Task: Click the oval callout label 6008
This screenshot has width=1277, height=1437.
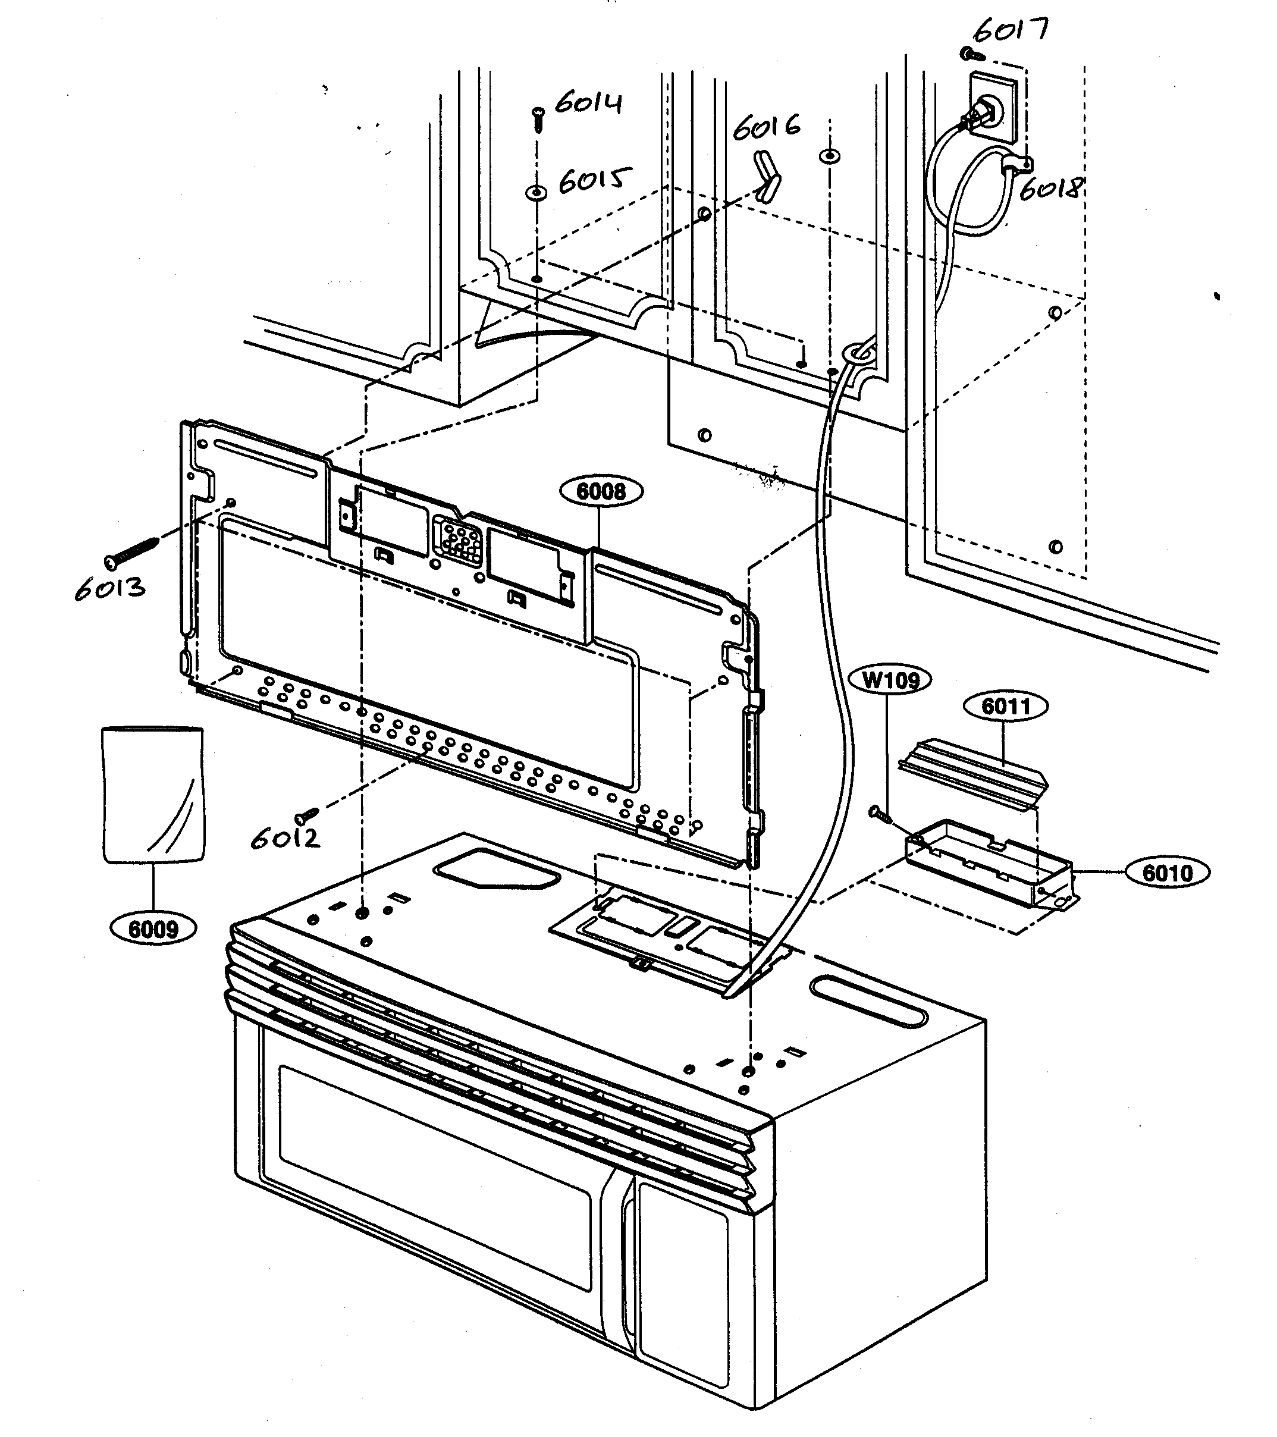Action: tap(601, 491)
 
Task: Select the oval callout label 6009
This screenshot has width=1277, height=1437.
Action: tap(154, 930)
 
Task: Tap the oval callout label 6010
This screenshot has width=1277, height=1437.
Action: tap(1168, 873)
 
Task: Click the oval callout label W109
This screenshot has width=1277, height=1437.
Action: tap(890, 680)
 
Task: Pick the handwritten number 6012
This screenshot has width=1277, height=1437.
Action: tap(285, 837)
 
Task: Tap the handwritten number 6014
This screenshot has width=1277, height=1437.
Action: tap(589, 103)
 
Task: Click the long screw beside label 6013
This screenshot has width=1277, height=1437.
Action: tap(131, 551)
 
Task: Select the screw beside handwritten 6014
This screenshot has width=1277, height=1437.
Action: tap(537, 120)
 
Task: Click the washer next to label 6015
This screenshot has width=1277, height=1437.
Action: tap(536, 192)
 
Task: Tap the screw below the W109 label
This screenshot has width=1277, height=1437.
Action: tap(880, 814)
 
